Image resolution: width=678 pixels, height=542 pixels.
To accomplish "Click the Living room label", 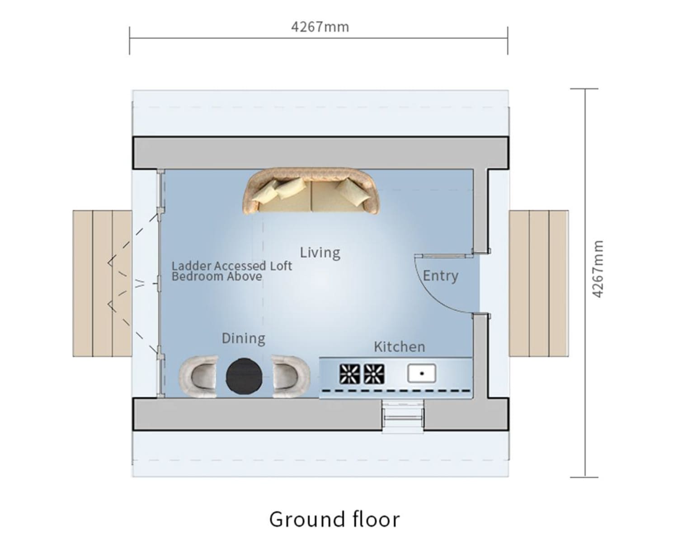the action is [x=320, y=253].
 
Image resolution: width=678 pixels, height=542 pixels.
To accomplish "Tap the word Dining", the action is [x=244, y=339].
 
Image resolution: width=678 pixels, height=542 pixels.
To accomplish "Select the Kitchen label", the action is [x=400, y=347].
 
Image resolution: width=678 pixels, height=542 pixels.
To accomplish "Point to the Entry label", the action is [x=440, y=276].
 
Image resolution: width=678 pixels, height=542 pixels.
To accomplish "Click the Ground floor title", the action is [x=334, y=519].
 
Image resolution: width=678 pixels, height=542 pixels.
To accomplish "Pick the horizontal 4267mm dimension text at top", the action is [x=320, y=27].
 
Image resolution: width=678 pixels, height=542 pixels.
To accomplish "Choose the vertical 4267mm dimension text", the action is [x=598, y=269].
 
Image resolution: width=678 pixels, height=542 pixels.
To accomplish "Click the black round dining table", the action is [x=244, y=376].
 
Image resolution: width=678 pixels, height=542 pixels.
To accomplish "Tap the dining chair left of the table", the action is [x=198, y=376].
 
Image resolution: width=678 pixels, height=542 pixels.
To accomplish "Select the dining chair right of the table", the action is [x=291, y=376].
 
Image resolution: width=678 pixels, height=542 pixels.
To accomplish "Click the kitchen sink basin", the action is [x=422, y=374].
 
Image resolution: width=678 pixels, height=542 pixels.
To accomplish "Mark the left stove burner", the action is [x=350, y=374].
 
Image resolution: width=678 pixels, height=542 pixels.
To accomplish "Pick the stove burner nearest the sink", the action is [x=374, y=374].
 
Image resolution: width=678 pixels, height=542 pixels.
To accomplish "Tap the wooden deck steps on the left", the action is [x=103, y=284].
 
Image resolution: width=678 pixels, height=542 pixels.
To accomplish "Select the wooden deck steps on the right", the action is [x=539, y=284].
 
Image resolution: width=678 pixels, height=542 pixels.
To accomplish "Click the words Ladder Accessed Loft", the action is [x=232, y=266].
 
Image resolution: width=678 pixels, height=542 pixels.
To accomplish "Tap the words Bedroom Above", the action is [x=217, y=276].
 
